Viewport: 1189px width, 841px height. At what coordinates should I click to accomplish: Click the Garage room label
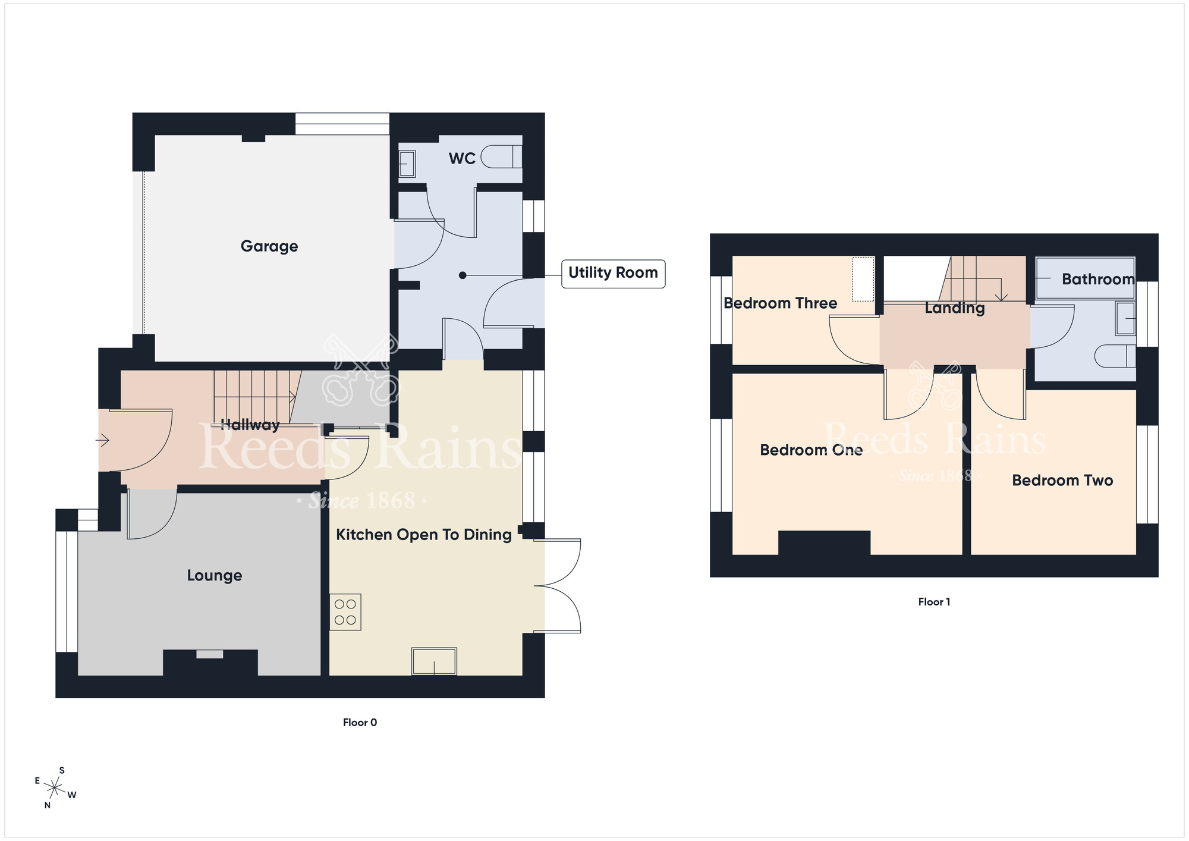pos(269,246)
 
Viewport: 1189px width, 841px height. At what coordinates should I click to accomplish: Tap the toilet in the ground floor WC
pos(501,157)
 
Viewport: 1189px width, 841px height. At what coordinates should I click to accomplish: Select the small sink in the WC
pos(407,164)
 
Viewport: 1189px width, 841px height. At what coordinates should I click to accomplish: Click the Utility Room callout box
pos(613,274)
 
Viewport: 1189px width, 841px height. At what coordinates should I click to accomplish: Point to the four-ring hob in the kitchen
pos(345,612)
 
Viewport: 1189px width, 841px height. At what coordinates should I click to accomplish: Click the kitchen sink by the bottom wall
pos(434,661)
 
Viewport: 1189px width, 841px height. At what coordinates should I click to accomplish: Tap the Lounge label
pos(215,576)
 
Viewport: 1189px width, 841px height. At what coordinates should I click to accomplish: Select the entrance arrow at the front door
pos(102,441)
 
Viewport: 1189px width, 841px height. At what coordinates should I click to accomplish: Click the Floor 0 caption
pos(360,723)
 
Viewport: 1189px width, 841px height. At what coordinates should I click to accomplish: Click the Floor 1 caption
pos(934,602)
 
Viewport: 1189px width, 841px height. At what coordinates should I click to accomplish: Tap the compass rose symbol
pos(55,789)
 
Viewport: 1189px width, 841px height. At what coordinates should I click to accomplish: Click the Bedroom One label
pos(811,450)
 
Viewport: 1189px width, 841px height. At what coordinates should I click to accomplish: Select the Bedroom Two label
pos(1062,481)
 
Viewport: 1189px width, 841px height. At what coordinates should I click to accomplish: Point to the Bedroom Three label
pos(780,303)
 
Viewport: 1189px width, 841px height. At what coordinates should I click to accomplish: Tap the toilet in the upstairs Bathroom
pos(1115,356)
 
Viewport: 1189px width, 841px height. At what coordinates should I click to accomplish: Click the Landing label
pos(954,308)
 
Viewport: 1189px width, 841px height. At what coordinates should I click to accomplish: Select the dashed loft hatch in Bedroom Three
pos(863,279)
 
